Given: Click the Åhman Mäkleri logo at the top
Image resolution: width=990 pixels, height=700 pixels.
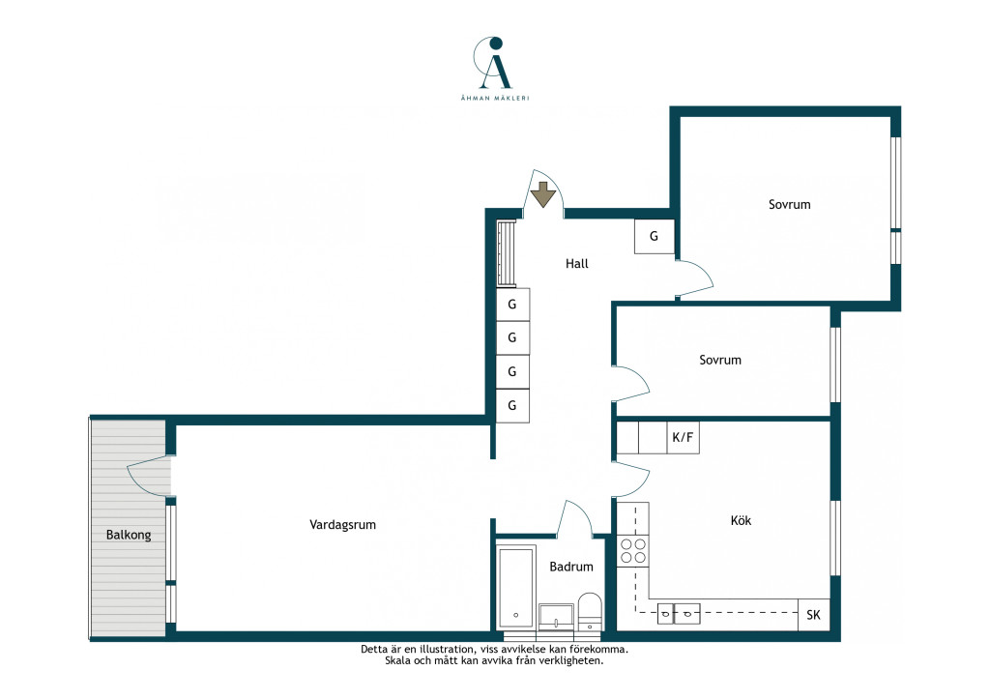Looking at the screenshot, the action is click(x=495, y=69).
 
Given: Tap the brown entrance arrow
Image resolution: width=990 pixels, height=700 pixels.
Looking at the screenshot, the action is click(x=542, y=194).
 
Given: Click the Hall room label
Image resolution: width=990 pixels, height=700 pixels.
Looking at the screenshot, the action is click(x=576, y=264).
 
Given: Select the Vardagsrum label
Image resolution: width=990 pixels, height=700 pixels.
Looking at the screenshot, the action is click(x=342, y=525).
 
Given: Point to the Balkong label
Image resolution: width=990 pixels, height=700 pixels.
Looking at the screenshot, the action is click(x=129, y=535).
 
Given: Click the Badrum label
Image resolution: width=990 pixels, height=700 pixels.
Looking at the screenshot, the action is click(x=570, y=567).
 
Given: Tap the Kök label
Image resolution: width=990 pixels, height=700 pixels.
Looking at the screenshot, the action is click(x=741, y=521).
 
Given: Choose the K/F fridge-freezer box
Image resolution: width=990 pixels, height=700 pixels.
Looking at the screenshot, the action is click(x=683, y=437).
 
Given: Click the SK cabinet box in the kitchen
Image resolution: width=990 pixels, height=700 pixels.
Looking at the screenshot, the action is click(x=813, y=615).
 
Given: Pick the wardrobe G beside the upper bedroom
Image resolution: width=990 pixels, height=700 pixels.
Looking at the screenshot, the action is click(x=655, y=236).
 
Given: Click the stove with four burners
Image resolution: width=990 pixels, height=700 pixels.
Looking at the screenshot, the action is click(x=632, y=550).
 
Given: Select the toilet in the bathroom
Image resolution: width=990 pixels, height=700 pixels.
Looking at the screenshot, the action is click(x=590, y=612).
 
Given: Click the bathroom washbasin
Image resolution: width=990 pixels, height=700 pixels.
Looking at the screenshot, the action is click(x=556, y=617).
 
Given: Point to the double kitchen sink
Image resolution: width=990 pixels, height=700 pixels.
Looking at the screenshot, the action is click(x=678, y=613).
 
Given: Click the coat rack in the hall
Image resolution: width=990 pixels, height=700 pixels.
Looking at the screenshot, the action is click(x=507, y=253).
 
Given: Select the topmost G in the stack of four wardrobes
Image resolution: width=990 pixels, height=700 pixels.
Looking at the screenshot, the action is click(x=512, y=305).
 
